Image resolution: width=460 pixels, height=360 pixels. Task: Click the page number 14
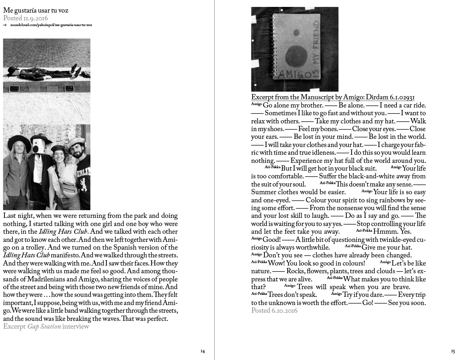202,351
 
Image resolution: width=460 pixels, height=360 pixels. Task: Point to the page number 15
453,351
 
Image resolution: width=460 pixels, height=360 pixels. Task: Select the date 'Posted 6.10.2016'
274,311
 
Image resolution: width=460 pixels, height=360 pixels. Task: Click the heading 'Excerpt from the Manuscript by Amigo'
333,97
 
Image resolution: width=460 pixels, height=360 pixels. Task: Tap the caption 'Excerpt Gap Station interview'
46,326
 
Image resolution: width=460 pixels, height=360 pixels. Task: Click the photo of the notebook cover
295,49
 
